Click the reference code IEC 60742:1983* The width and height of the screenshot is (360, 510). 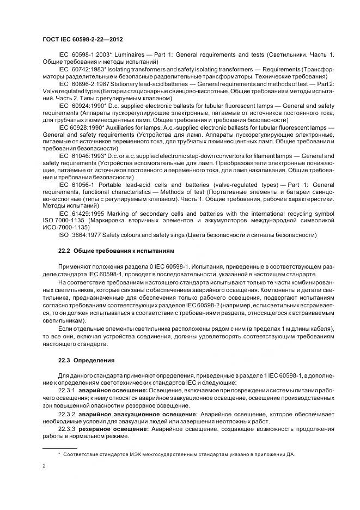81,70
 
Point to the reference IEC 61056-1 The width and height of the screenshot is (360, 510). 75,185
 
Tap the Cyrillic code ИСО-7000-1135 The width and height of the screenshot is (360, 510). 66,228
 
